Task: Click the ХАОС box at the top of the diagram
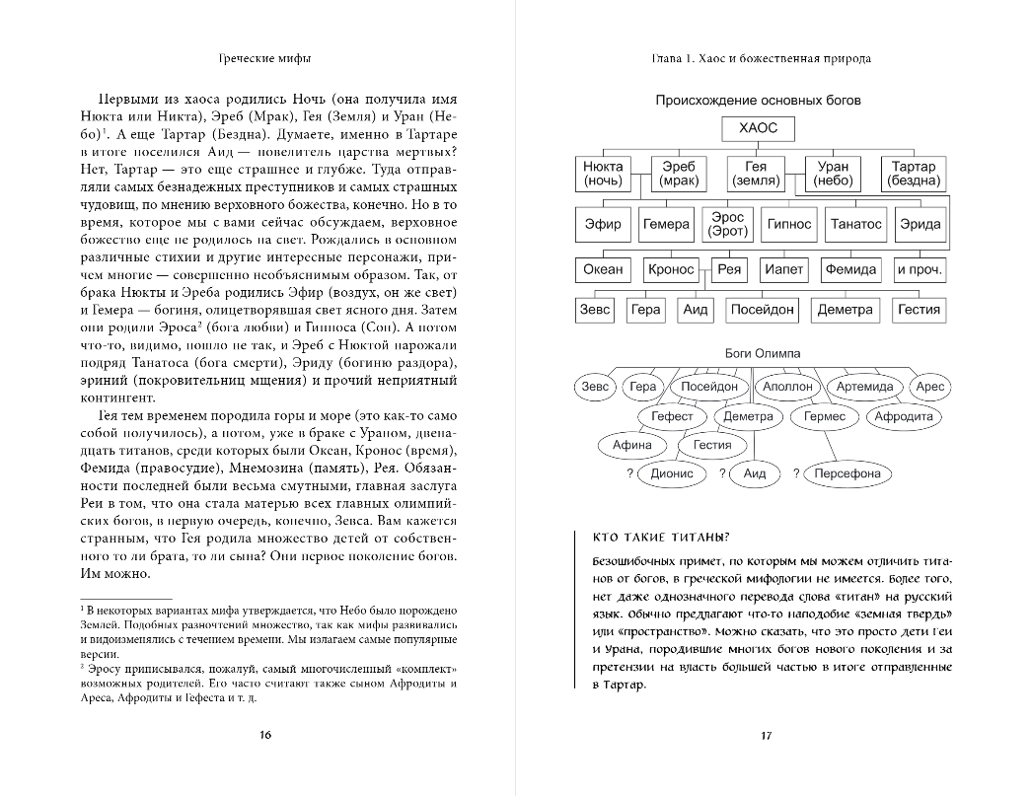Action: tap(757, 127)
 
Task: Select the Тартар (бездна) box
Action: tap(913, 174)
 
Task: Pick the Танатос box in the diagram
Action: tap(855, 224)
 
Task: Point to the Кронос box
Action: tap(671, 269)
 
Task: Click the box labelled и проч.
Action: tap(919, 269)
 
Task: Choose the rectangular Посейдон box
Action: tap(762, 310)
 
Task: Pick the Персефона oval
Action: tap(847, 473)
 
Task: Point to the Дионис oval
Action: tap(672, 473)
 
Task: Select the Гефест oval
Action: tap(672, 416)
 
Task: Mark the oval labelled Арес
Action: tap(929, 387)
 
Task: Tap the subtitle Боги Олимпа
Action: tap(757, 353)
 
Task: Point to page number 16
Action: tap(263, 734)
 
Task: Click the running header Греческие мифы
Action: tap(263, 58)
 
